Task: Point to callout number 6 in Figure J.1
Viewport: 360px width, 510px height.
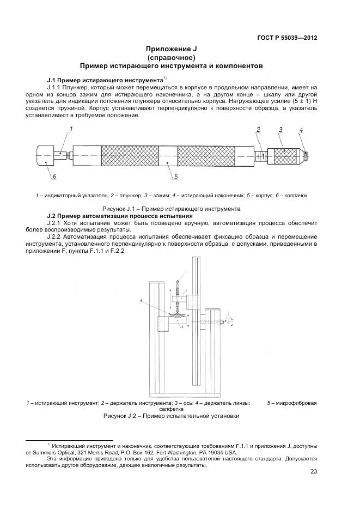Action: (x=54, y=177)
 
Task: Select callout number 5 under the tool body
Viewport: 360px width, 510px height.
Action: (x=176, y=177)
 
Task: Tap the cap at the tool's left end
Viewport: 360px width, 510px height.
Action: (x=45, y=156)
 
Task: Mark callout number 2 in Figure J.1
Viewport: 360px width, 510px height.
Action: (x=258, y=130)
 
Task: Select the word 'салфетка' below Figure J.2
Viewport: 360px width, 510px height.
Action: (x=170, y=409)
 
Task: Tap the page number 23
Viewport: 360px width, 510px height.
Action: (x=313, y=472)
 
